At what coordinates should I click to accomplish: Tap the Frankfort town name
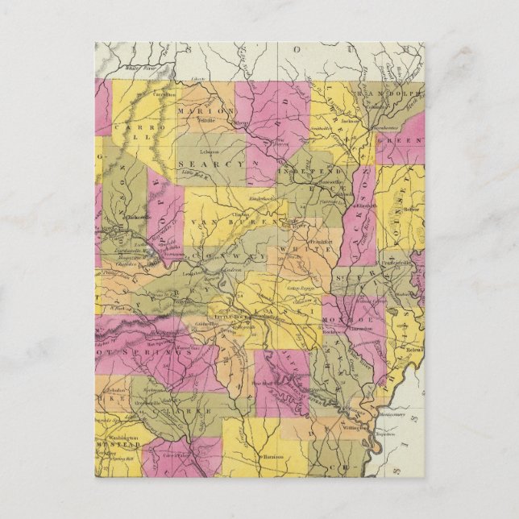pyautogui.click(x=302, y=239)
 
